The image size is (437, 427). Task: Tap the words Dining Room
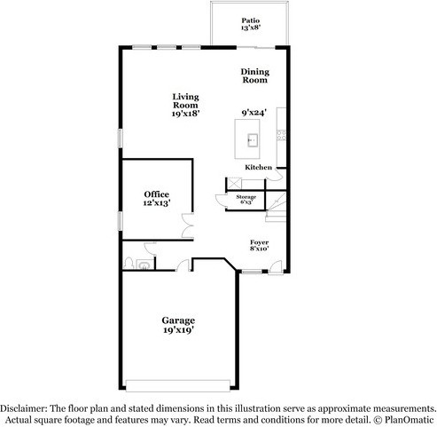[x=254, y=75]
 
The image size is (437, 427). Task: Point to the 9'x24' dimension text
[x=255, y=113]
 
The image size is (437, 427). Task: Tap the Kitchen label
[x=257, y=166]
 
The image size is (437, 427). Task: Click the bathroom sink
[x=145, y=264]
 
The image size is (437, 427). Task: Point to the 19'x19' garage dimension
[x=177, y=330]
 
